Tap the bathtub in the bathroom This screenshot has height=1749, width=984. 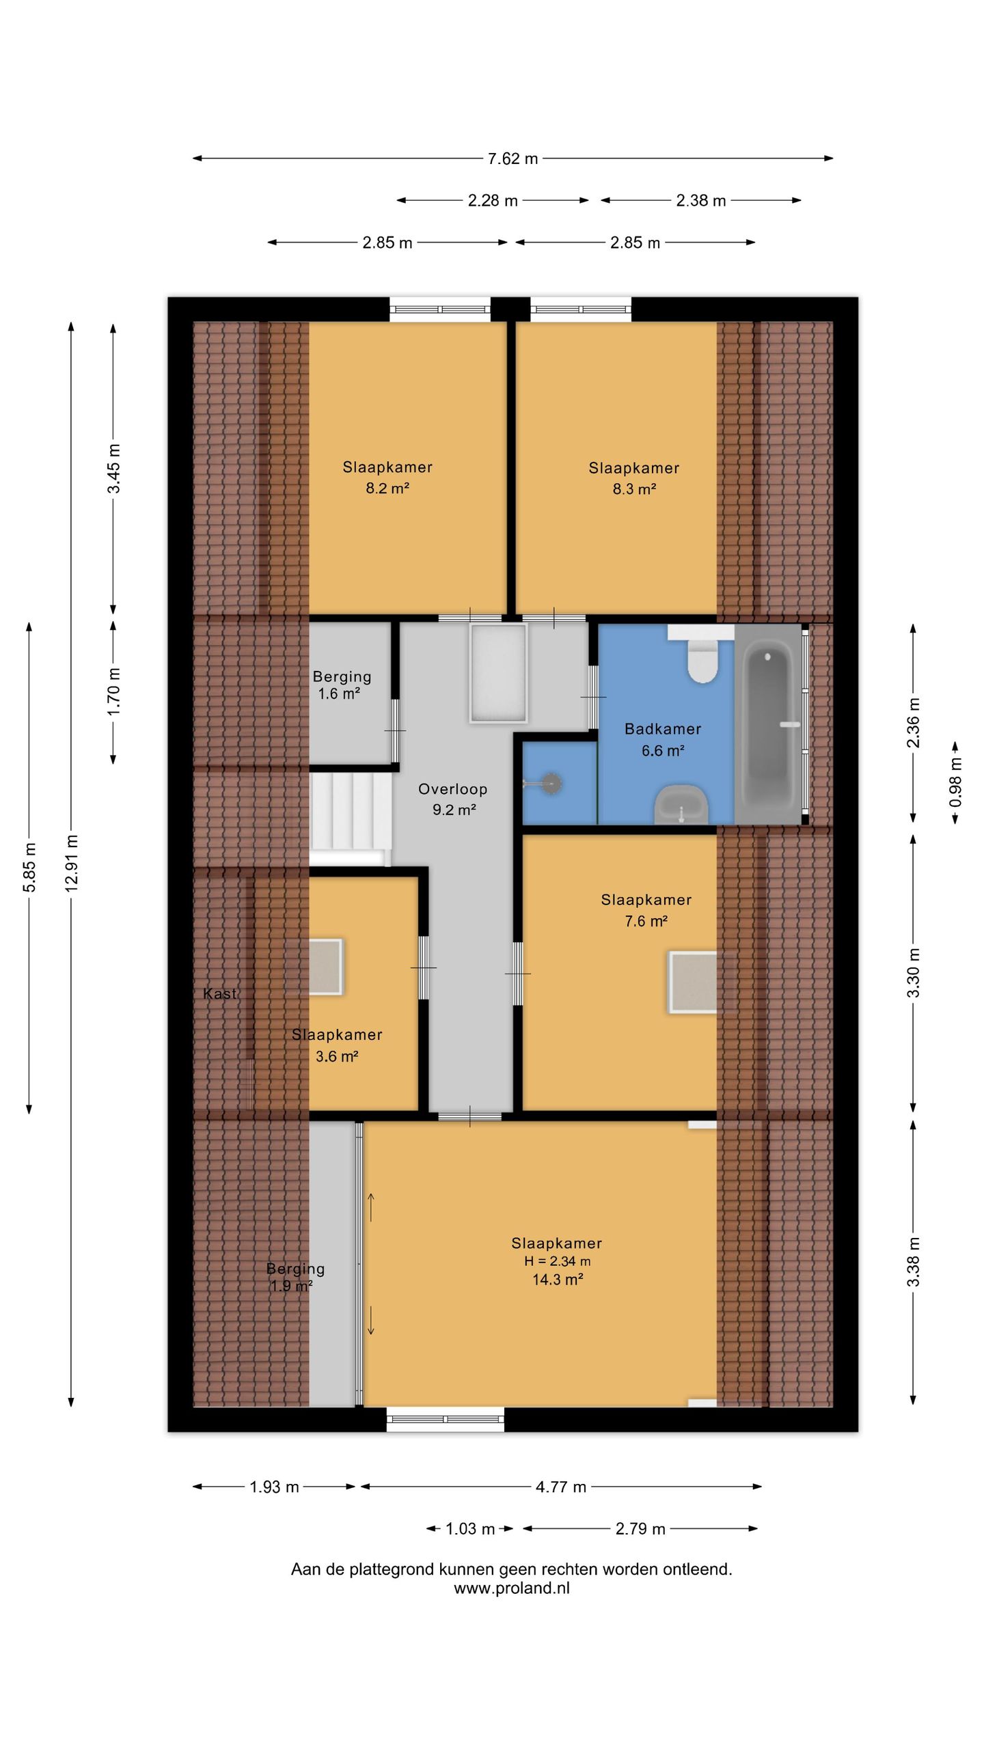click(769, 723)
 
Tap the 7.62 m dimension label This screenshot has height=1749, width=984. click(512, 159)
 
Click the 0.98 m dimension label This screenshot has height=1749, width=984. click(955, 782)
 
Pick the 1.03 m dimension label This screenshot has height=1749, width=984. click(470, 1529)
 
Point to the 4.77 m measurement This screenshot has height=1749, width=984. click(561, 1487)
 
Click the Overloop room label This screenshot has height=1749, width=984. click(453, 789)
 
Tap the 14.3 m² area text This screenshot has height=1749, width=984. click(558, 1280)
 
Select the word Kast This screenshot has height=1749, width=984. click(220, 994)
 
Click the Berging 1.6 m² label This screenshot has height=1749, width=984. click(342, 685)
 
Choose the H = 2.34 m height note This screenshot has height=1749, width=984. click(558, 1261)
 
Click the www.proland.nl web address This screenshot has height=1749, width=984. click(512, 1588)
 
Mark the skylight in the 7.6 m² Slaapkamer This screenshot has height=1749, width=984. click(693, 982)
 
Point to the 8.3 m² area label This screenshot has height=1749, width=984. click(634, 489)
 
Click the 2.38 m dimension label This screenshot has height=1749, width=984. click(701, 201)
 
